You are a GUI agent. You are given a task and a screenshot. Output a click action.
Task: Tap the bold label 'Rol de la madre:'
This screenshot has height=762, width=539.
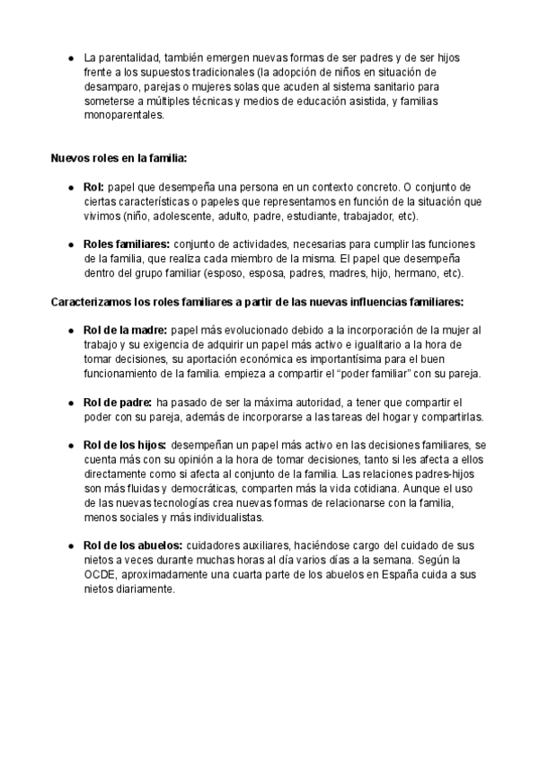[x=124, y=330]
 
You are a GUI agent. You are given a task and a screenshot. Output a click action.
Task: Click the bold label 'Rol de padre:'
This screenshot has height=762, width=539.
[x=117, y=402]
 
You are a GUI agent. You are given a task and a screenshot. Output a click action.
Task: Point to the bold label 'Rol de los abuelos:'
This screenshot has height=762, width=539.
[x=132, y=545]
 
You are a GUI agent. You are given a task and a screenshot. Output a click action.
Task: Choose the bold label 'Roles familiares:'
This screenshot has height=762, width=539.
[x=127, y=244]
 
